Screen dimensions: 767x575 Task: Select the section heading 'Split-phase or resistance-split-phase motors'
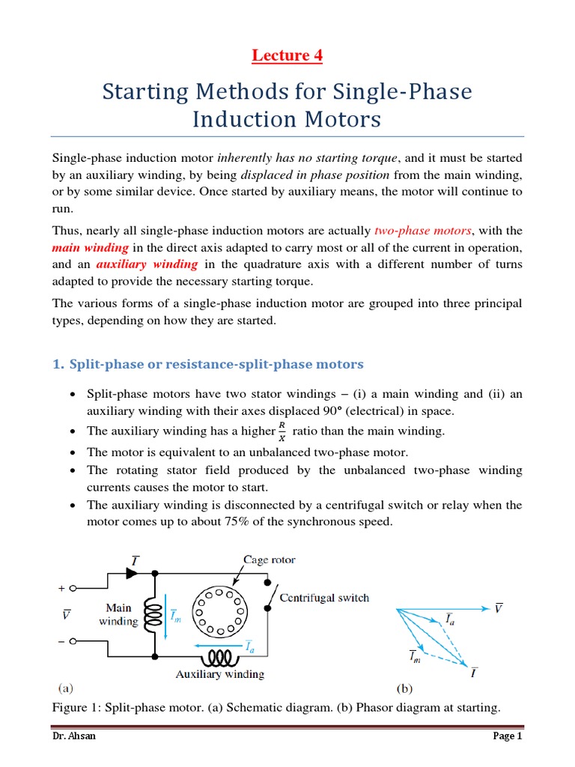click(x=216, y=364)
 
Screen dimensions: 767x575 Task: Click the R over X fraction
click(x=282, y=431)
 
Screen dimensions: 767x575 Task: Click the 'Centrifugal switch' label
click(x=324, y=598)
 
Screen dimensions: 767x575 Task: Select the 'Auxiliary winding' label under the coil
click(x=220, y=674)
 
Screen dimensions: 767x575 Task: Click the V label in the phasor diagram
click(x=499, y=607)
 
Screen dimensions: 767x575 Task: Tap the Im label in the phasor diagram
click(x=415, y=656)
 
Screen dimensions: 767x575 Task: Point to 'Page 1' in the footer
click(x=507, y=736)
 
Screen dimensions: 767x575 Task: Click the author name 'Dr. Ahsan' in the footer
click(x=73, y=736)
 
